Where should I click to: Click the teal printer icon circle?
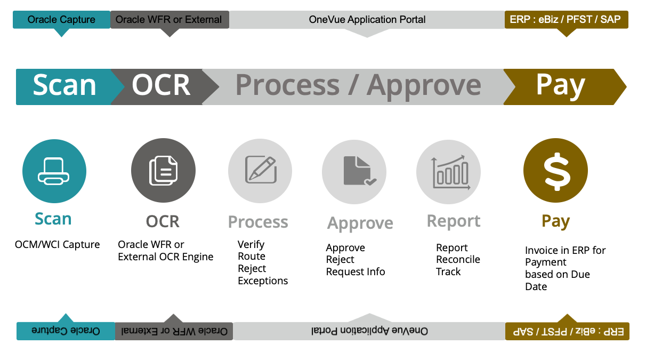[54, 171]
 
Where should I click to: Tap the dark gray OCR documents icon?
[163, 171]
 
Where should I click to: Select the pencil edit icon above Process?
[260, 171]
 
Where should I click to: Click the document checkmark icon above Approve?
[354, 171]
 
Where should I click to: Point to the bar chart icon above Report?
[449, 171]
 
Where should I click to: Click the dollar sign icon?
[555, 171]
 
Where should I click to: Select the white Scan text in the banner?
[64, 85]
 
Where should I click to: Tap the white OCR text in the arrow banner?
[161, 85]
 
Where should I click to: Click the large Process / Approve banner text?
[358, 85]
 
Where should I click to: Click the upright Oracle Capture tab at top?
[61, 20]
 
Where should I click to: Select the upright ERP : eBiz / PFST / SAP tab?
[566, 20]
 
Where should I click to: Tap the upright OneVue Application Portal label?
[367, 20]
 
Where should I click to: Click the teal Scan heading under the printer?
[53, 219]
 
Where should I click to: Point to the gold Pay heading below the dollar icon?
[555, 221]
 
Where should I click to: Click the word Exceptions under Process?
[263, 281]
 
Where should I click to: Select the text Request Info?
[356, 272]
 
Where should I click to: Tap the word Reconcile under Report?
[458, 260]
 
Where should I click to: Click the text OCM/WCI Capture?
[58, 245]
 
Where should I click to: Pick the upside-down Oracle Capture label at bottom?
[66, 331]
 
